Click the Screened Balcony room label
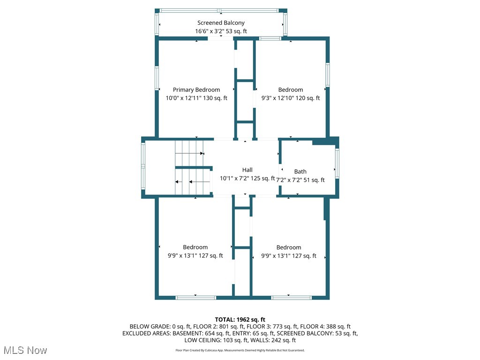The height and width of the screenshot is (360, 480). coord(221,22)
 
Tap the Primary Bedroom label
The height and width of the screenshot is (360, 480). coord(196,90)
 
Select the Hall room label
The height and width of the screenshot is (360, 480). coord(247,170)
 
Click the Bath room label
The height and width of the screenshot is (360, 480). coord(300,172)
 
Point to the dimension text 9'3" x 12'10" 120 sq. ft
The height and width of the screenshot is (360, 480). coord(290,98)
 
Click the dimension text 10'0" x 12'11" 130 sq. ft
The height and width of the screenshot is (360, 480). coord(196,98)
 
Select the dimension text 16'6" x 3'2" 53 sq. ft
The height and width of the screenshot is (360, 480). coord(221,31)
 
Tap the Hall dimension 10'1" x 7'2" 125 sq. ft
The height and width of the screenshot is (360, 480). coord(247,178)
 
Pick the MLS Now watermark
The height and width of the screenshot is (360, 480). coord(25,350)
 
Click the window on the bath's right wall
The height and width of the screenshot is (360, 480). coord(337,163)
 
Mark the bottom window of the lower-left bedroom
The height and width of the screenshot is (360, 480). coord(195,297)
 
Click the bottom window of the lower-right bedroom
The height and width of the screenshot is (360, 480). coord(291,297)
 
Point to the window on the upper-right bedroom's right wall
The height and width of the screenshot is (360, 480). coord(328,75)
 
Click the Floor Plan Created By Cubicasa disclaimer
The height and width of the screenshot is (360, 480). coord(240,350)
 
